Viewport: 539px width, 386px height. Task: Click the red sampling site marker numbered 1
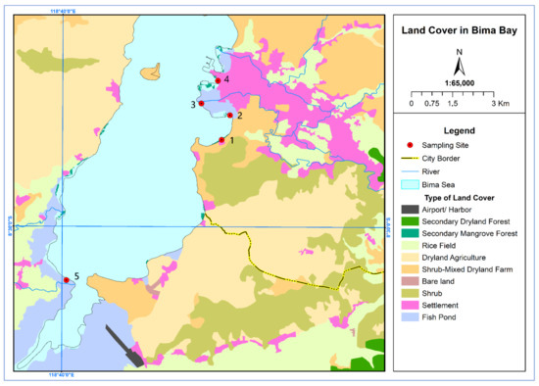click(221, 140)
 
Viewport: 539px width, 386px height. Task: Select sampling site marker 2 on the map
click(229, 116)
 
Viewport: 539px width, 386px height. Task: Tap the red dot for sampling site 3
click(201, 103)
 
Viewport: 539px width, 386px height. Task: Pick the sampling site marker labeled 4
click(218, 80)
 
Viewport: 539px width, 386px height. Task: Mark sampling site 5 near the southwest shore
click(67, 280)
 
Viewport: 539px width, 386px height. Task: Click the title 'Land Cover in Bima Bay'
click(460, 29)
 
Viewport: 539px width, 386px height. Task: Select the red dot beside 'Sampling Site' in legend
click(413, 143)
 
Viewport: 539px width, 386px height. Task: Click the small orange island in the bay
click(152, 72)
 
